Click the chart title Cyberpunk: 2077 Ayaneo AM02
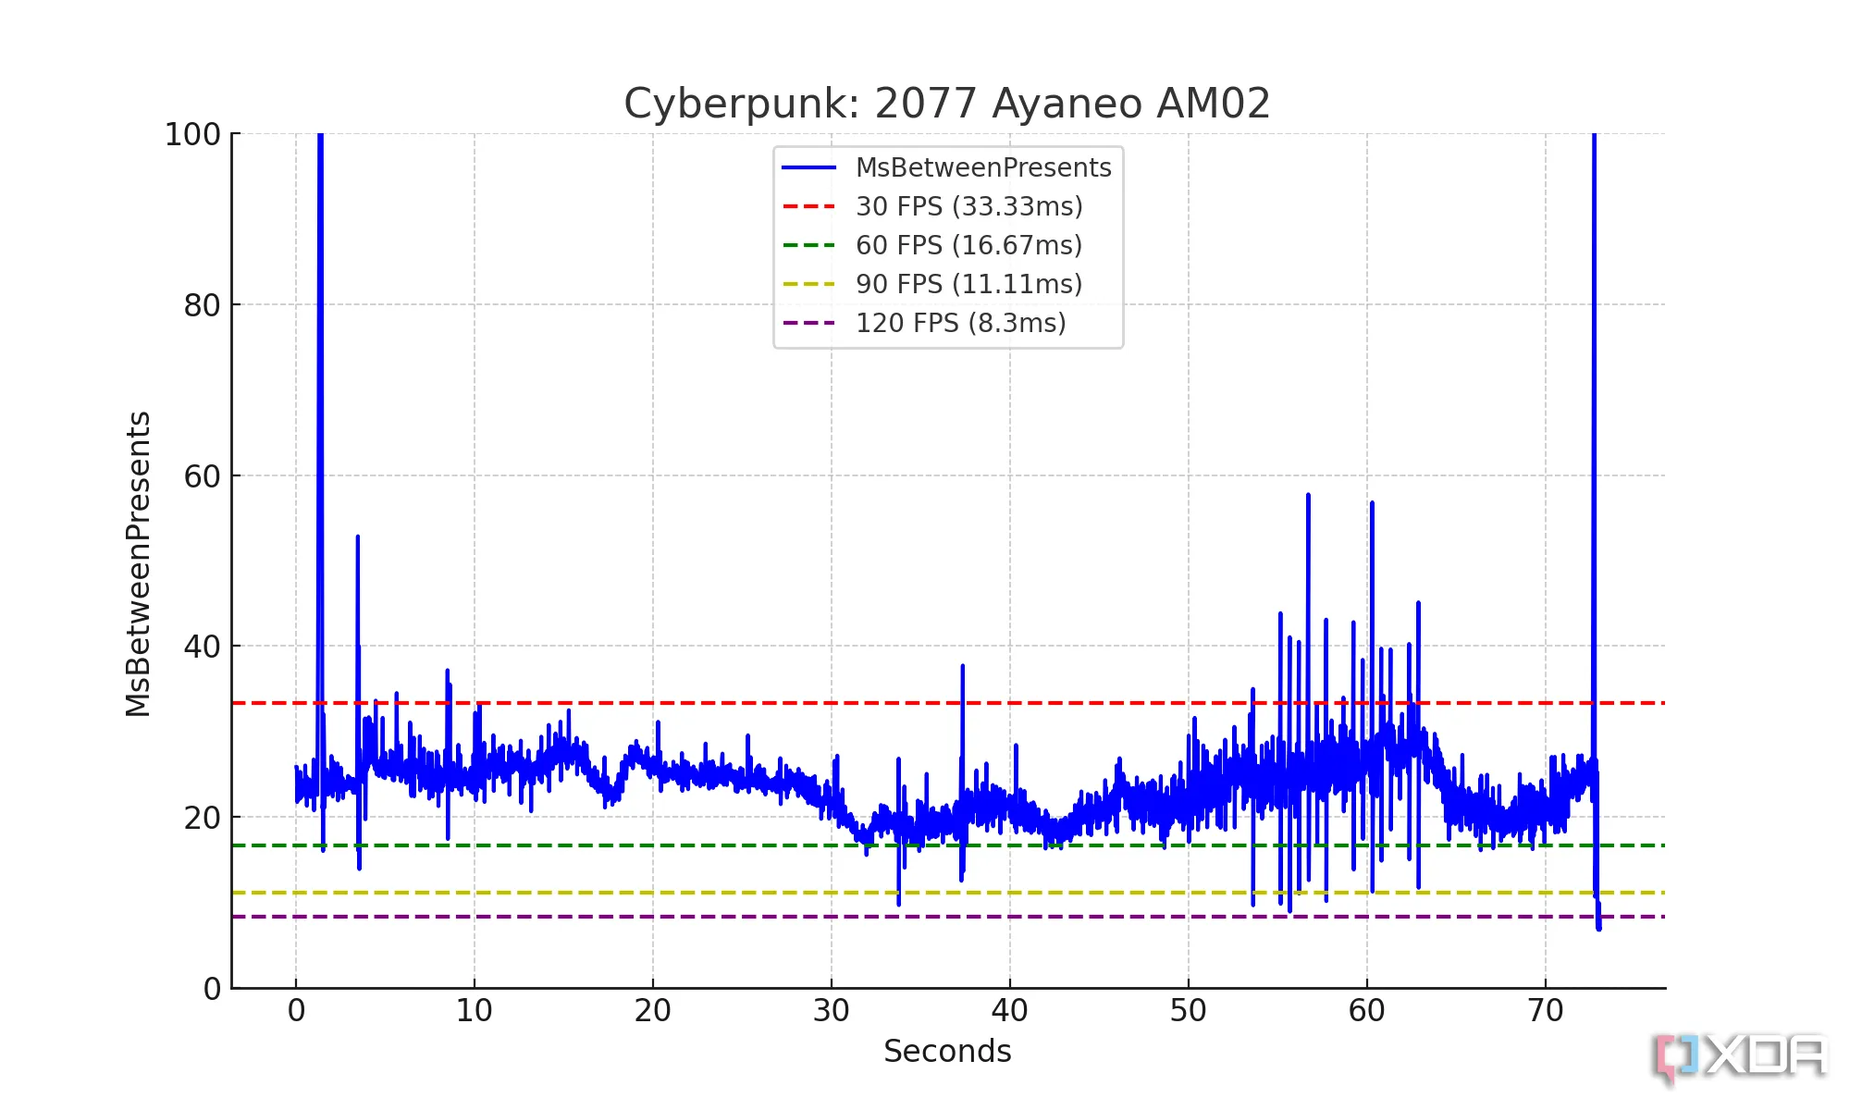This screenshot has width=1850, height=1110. click(947, 104)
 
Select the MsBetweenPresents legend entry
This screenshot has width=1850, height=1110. click(982, 167)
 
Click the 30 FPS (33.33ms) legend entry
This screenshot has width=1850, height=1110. click(968, 206)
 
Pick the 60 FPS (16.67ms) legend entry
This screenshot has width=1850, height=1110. click(968, 245)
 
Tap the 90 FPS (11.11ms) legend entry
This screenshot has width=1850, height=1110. click(968, 284)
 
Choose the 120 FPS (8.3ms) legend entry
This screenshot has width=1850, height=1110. click(960, 323)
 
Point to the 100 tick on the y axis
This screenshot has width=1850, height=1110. click(193, 135)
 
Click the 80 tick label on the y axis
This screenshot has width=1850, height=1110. click(203, 305)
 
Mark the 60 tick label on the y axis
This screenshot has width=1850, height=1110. click(203, 476)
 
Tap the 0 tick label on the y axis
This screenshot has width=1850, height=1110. click(213, 989)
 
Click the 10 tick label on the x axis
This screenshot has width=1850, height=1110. click(474, 1011)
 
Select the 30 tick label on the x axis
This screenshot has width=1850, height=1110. click(831, 1011)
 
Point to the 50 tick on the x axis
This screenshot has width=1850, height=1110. click(1188, 1011)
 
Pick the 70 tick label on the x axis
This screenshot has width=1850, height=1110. click(1545, 1011)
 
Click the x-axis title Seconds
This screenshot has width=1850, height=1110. click(947, 1052)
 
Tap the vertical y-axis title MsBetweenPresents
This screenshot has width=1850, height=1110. click(138, 564)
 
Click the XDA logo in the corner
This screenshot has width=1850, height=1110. click(1739, 1056)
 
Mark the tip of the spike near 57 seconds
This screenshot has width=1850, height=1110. click(1308, 496)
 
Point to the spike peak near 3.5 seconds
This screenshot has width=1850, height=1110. click(358, 536)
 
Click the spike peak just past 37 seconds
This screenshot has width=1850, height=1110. click(962, 666)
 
